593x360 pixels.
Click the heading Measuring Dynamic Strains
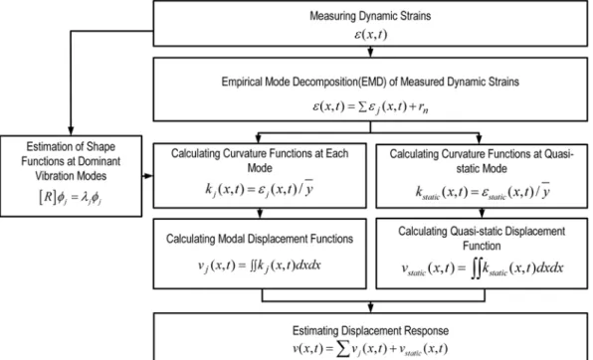pyautogui.click(x=370, y=16)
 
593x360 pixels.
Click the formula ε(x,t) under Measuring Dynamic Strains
pyautogui.click(x=370, y=35)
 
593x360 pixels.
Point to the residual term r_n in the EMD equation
pyautogui.click(x=423, y=107)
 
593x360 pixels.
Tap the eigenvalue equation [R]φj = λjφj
pyautogui.click(x=71, y=197)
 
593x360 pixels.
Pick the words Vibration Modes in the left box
pyautogui.click(x=71, y=176)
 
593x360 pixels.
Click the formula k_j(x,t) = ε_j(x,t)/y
pyautogui.click(x=260, y=188)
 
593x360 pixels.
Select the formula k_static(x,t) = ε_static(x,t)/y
pyautogui.click(x=483, y=191)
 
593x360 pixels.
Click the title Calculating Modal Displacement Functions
pyautogui.click(x=260, y=239)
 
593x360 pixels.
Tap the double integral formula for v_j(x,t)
pyautogui.click(x=260, y=266)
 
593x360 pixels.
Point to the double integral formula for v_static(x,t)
pyautogui.click(x=483, y=269)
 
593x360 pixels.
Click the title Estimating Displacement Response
pyautogui.click(x=370, y=331)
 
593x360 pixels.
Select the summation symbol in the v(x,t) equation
pyautogui.click(x=343, y=349)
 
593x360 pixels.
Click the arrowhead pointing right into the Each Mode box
pyautogui.click(x=148, y=176)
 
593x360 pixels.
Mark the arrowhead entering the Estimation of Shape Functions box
pyautogui.click(x=71, y=131)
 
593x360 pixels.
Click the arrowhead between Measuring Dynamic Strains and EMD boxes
pyautogui.click(x=370, y=53)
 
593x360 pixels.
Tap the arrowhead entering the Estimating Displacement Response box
pyautogui.click(x=370, y=308)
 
